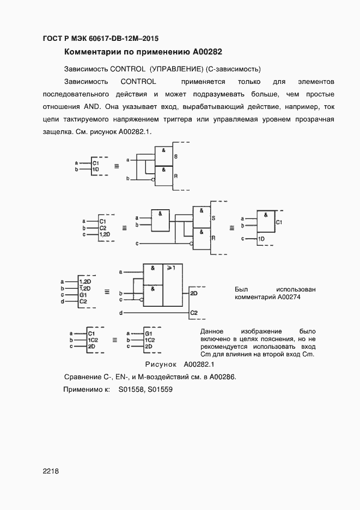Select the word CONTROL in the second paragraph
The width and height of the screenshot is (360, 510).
tap(138, 81)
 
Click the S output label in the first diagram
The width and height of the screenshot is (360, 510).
tap(175, 156)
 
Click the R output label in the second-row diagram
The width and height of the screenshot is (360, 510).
tap(213, 238)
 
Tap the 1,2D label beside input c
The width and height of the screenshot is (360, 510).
tap(105, 234)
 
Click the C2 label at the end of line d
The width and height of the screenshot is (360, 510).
tap(194, 313)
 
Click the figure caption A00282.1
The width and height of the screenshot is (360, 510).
tap(199, 364)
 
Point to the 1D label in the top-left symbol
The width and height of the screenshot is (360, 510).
tap(95, 170)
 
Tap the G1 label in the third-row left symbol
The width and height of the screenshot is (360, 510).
tap(83, 294)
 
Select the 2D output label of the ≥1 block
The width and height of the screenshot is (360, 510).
tap(194, 293)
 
